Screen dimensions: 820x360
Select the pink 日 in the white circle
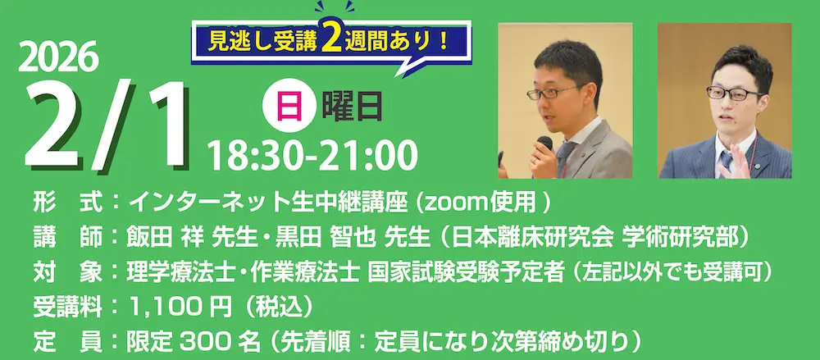[x=289, y=107]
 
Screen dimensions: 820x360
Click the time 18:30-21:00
[x=312, y=154]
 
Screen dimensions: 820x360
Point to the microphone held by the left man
[x=545, y=144]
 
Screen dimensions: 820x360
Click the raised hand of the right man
[x=736, y=161]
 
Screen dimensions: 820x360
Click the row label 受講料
[x=67, y=308]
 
